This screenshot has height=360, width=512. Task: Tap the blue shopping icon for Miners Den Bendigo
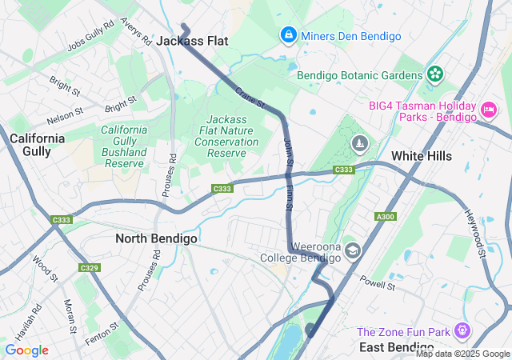click(287, 35)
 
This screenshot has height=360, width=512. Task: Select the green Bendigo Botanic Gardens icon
click(434, 75)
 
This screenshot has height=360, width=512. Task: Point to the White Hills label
click(421, 156)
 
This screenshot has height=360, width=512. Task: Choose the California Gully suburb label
click(37, 144)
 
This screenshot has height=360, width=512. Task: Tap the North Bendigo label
click(156, 238)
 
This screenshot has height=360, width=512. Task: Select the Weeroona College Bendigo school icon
click(353, 251)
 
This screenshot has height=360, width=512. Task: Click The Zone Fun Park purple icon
click(462, 330)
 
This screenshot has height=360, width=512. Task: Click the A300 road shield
click(385, 216)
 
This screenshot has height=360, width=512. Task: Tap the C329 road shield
click(89, 267)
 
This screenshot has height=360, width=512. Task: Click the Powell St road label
click(378, 282)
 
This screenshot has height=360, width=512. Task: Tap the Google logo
click(26, 350)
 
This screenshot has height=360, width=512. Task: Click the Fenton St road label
click(102, 332)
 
